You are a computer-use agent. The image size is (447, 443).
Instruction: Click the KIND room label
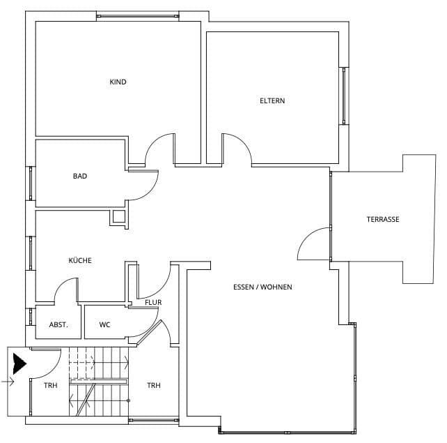coord(118,82)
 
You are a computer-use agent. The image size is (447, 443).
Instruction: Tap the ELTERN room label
coord(272,100)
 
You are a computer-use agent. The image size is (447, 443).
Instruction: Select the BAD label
coord(80,177)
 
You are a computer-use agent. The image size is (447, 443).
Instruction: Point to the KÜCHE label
coord(80,260)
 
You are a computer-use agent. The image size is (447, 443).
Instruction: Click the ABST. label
coord(58,324)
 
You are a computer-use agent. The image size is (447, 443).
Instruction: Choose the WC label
coord(105,324)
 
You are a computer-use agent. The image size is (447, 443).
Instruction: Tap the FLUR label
coord(153,303)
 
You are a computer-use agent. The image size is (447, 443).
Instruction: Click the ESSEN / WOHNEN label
coord(262,287)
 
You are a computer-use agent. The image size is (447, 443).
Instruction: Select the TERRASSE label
coord(383,219)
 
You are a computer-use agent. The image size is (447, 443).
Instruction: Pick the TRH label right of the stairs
coord(154,385)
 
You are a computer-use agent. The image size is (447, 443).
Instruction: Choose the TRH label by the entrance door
coord(50,385)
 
